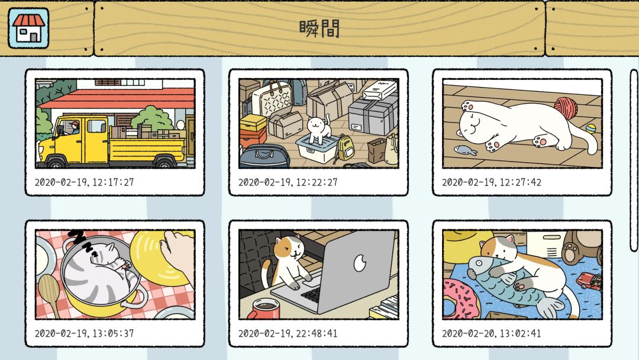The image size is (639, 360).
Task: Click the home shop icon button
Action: click(x=28, y=28)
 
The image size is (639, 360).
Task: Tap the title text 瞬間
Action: click(x=319, y=29)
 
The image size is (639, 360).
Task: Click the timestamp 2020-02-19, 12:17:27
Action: click(x=85, y=182)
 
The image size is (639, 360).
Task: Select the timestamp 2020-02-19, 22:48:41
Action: click(x=288, y=333)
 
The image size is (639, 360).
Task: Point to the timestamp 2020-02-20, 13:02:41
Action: click(x=492, y=333)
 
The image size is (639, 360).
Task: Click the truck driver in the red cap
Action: click(x=74, y=128)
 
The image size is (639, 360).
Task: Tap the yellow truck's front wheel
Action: click(x=56, y=163)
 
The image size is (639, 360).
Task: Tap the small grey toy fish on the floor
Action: click(x=466, y=150)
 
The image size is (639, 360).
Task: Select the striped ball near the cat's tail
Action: click(x=590, y=129)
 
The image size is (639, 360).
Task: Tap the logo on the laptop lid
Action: click(x=360, y=263)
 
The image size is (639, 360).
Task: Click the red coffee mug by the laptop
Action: click(x=264, y=309)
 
